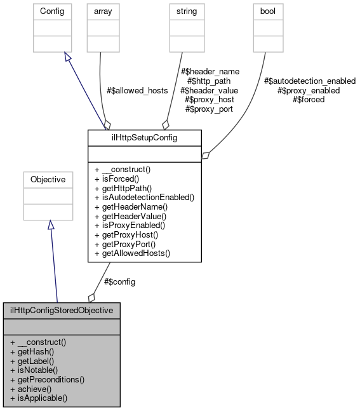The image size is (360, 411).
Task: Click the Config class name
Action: [x=51, y=11]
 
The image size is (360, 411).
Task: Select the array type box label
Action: [x=103, y=11]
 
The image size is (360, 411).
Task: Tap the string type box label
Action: [x=187, y=11]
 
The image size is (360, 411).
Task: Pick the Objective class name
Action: [x=48, y=180]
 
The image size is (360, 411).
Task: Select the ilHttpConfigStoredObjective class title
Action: [x=62, y=311]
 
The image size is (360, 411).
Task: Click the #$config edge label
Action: [x=119, y=281]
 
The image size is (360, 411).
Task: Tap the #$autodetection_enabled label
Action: [x=309, y=81]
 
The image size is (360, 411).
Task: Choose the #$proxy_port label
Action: [x=208, y=109]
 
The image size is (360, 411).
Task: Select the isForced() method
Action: [x=118, y=179]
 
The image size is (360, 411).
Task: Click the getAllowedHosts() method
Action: [x=132, y=253]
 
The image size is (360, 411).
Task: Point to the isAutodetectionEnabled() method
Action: [x=143, y=198]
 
